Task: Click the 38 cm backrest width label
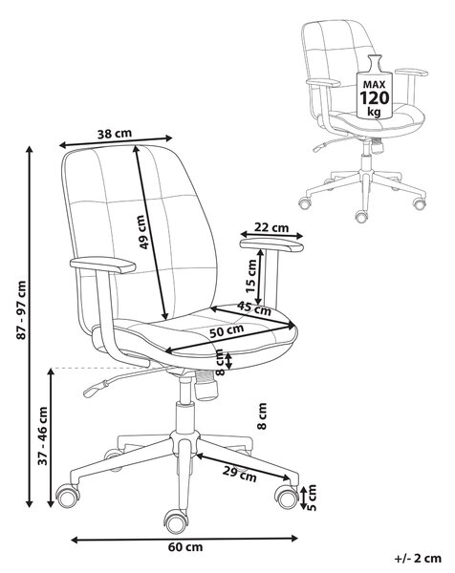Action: [x=115, y=134]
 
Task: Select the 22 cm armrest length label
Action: [x=271, y=227]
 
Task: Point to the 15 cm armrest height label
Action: [x=250, y=276]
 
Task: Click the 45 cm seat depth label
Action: [x=254, y=308]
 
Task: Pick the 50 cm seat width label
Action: [x=227, y=331]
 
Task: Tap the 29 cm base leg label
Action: [x=240, y=475]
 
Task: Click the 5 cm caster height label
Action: [x=311, y=498]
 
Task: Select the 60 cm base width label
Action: [x=185, y=547]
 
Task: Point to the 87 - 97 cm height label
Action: [x=22, y=310]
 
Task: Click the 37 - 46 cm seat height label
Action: [x=43, y=435]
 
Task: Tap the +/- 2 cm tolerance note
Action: [x=418, y=559]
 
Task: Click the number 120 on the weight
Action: [x=374, y=98]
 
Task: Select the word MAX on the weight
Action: [x=374, y=85]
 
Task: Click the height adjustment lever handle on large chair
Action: [x=95, y=389]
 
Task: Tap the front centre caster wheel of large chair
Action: [x=176, y=521]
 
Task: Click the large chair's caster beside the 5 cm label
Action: [x=287, y=497]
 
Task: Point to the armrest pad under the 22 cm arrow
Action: [x=271, y=244]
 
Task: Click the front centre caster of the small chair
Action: [x=361, y=216]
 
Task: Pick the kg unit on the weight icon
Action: [x=374, y=112]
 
